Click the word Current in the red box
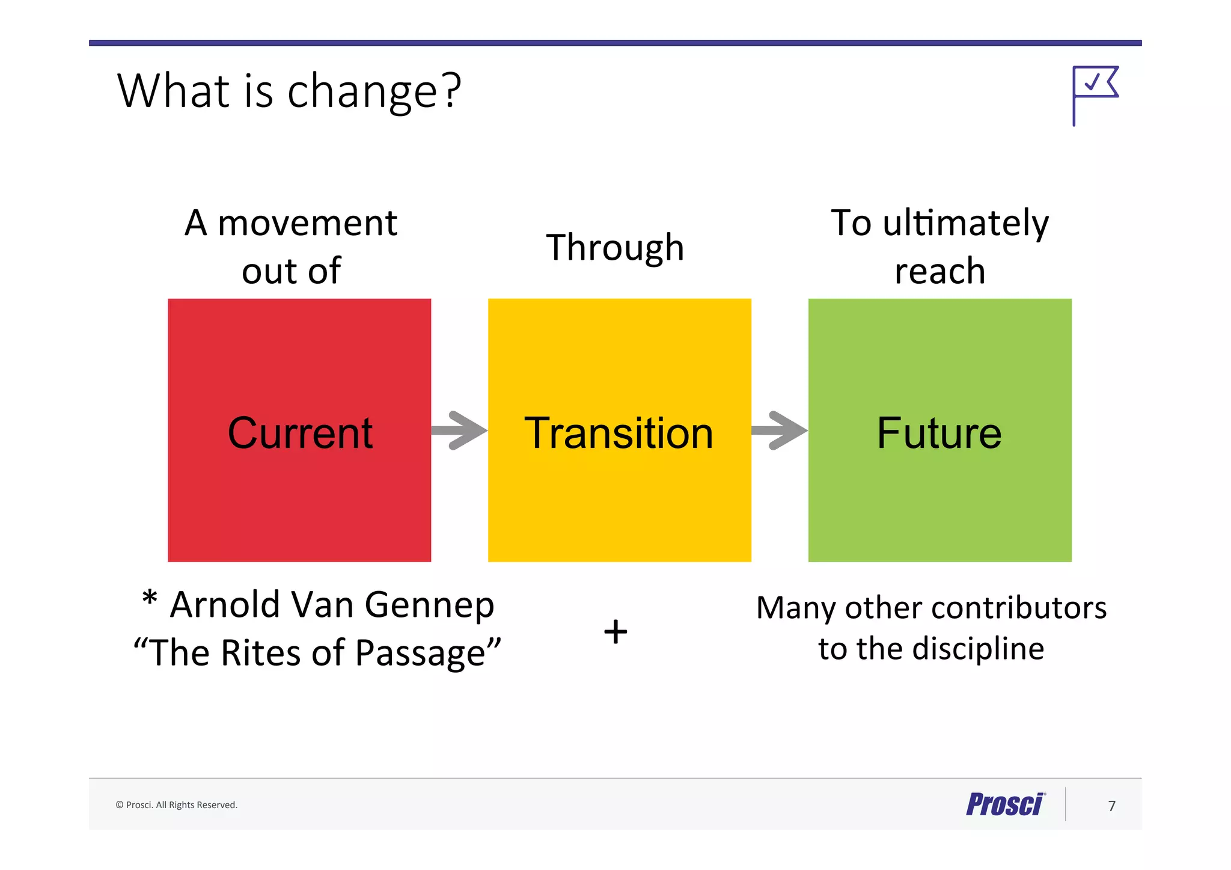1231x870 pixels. [x=300, y=433]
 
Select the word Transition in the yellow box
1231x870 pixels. [x=619, y=433]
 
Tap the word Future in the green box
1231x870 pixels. [x=939, y=433]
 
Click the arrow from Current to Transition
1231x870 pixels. [x=460, y=430]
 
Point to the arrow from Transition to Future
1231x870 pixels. [x=780, y=430]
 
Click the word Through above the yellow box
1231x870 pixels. [x=615, y=247]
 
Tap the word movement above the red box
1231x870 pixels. [x=307, y=223]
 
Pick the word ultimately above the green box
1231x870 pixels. [x=965, y=223]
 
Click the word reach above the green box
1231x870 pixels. [x=939, y=271]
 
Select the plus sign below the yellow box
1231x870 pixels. [x=615, y=632]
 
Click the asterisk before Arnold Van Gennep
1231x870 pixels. [x=150, y=599]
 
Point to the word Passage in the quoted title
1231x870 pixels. [x=420, y=654]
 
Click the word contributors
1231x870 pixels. [x=1015, y=608]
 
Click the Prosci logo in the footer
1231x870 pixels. [x=1006, y=804]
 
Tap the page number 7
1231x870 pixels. [x=1111, y=806]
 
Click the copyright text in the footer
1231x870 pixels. [x=176, y=805]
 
